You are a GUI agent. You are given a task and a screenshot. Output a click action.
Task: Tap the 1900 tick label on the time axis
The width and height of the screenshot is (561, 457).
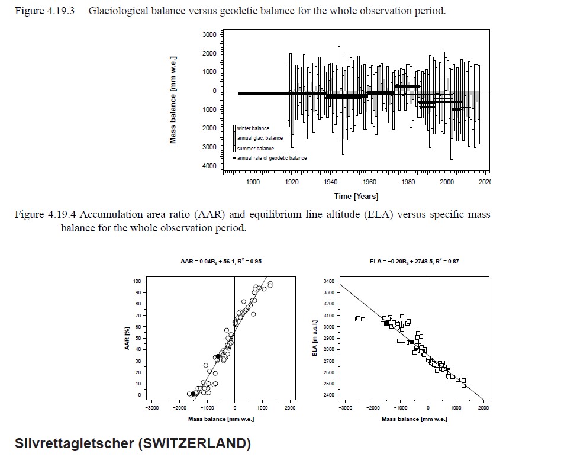[253, 182]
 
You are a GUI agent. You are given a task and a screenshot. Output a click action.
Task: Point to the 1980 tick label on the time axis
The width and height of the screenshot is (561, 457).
[408, 182]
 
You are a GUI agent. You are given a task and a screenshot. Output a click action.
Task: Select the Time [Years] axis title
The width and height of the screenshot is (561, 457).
[356, 197]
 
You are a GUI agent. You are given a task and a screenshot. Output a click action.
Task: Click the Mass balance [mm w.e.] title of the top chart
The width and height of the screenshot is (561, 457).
[173, 99]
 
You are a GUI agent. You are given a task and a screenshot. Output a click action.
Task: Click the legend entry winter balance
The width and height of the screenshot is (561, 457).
[253, 128]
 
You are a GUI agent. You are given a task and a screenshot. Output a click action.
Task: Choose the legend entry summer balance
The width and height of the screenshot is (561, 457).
[256, 148]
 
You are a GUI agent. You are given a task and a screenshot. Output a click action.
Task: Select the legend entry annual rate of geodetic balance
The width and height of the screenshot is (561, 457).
[272, 158]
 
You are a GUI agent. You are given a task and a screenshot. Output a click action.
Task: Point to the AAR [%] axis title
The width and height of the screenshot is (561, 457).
[127, 338]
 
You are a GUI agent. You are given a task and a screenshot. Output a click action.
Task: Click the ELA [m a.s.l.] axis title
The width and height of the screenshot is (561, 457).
[316, 338]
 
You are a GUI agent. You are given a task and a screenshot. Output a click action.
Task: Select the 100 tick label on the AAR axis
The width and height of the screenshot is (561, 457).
[137, 281]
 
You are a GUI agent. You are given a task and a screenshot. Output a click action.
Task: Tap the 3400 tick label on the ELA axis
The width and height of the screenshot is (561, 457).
[329, 281]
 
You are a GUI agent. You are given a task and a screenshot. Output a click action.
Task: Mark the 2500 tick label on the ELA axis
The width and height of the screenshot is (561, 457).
[329, 384]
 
